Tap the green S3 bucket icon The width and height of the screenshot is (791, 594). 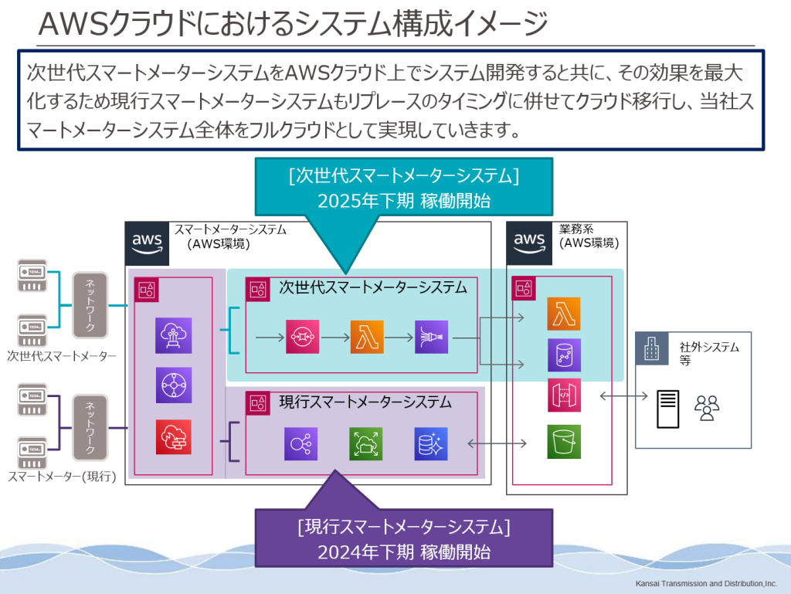point(564,442)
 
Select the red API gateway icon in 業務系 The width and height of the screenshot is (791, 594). point(564,396)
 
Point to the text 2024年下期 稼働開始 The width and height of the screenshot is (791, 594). point(403,552)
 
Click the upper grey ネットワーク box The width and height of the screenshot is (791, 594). point(90,305)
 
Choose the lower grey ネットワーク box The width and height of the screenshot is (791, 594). point(90,427)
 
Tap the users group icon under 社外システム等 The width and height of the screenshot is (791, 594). point(706,408)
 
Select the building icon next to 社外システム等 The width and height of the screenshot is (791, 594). point(651,349)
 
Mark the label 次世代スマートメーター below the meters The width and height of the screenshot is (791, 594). point(62,356)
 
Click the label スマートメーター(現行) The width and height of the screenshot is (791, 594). point(62,477)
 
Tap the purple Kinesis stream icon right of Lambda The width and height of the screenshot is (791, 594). point(431,338)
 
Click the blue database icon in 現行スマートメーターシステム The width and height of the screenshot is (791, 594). point(431,444)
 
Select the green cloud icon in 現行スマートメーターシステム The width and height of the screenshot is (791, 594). point(365,444)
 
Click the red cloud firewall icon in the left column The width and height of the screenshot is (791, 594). point(173,436)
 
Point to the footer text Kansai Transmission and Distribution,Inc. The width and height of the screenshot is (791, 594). point(706,583)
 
